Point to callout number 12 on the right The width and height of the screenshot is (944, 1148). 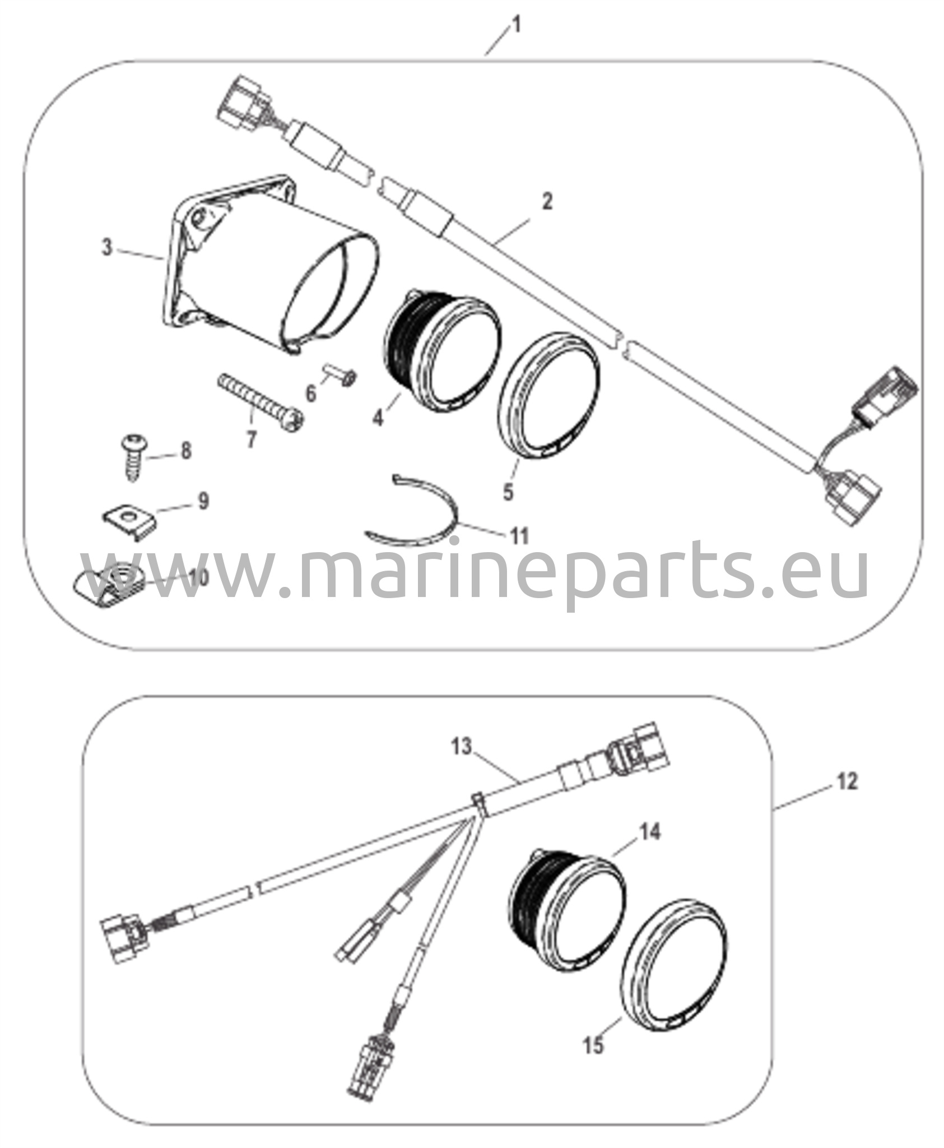tap(848, 781)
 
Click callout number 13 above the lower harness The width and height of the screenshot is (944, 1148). tap(463, 747)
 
